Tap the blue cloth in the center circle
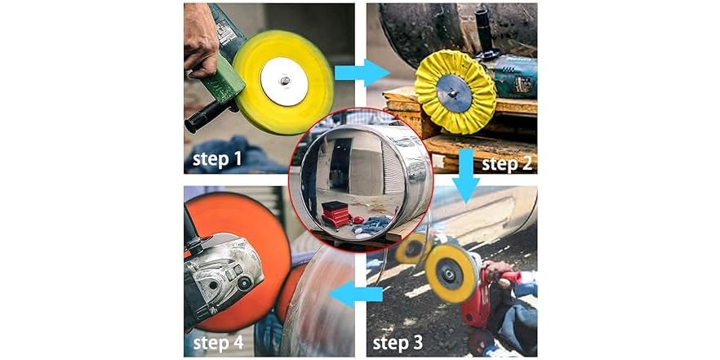(371, 224)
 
